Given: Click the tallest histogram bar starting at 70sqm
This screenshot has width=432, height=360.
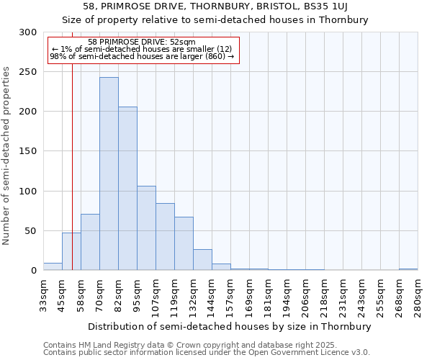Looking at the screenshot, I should point(109,174).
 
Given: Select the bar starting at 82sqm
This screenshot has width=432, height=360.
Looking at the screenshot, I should point(127,189).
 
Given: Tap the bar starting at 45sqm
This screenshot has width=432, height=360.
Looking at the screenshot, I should point(71,251).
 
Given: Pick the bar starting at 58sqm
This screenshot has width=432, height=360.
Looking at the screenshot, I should point(90,242).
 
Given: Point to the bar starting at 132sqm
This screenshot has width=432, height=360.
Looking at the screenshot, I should point(202,260).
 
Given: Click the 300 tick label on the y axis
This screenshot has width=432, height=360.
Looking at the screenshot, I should point(28,32).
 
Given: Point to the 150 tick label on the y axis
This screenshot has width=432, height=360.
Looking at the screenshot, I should point(28,151).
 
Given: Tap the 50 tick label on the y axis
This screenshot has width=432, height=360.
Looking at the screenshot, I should point(31,231).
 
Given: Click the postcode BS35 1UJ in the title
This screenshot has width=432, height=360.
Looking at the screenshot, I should point(322,6).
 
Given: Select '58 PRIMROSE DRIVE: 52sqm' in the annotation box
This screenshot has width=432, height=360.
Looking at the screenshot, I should point(142,42).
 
